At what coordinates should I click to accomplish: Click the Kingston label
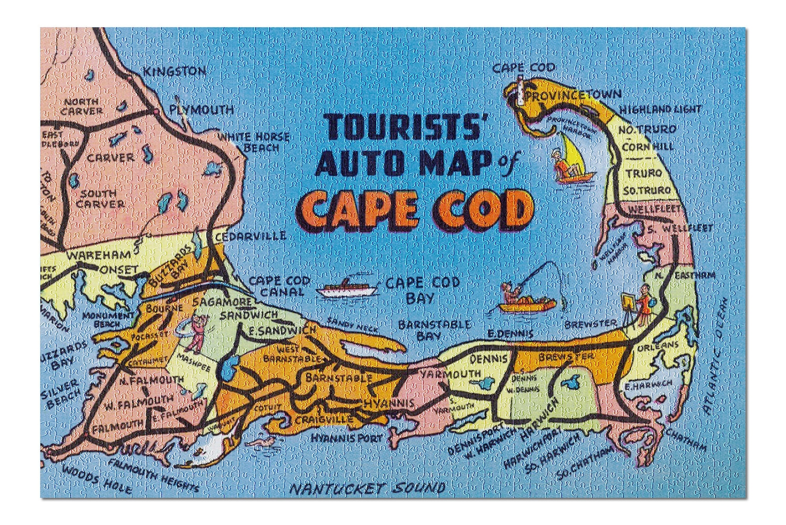coord(174,72)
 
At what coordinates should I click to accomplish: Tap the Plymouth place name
coord(201,109)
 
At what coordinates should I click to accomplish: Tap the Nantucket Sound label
coord(367,489)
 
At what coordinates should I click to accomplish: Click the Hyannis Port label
coord(346,438)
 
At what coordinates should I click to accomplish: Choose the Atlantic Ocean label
coord(713,354)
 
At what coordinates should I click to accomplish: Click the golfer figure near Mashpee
coord(197,331)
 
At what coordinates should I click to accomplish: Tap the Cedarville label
coord(250,236)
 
